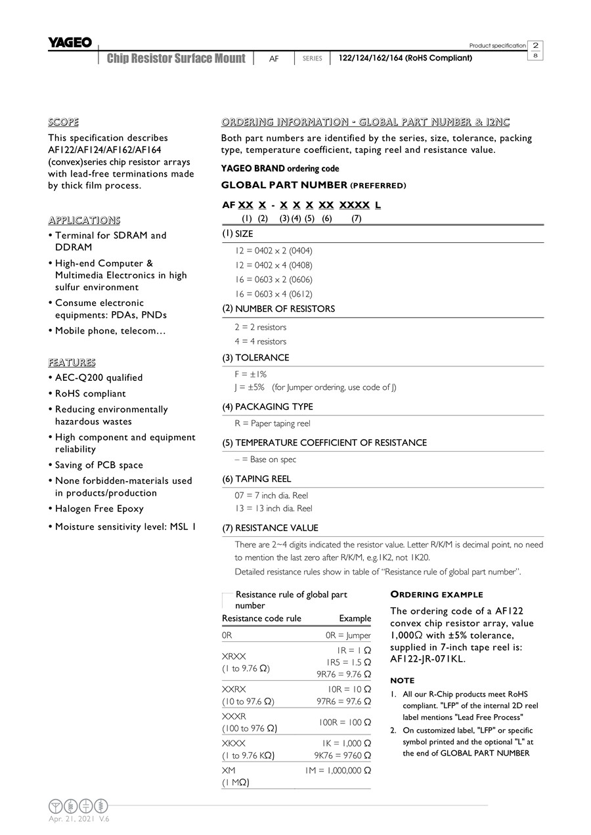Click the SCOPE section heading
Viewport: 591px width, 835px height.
click(63, 122)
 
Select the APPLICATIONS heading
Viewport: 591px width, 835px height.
click(84, 220)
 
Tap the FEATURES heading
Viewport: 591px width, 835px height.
click(72, 362)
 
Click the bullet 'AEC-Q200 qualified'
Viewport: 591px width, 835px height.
click(98, 377)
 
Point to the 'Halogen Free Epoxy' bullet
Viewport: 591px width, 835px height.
click(99, 508)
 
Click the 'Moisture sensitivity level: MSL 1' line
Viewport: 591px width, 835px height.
click(125, 526)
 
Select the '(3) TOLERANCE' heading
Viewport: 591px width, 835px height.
click(255, 358)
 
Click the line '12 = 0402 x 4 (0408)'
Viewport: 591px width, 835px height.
click(273, 265)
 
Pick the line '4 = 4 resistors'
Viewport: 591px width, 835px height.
click(261, 341)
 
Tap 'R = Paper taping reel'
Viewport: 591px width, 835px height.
click(273, 423)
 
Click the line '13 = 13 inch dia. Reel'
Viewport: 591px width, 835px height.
click(274, 508)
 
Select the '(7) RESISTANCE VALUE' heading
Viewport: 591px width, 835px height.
click(270, 528)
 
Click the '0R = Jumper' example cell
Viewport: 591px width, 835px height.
click(348, 635)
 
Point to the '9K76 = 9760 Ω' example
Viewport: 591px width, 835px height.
click(342, 756)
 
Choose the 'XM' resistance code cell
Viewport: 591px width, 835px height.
click(229, 770)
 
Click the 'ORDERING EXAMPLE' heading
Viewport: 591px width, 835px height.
click(437, 595)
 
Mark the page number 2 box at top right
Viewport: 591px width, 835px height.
click(536, 45)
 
